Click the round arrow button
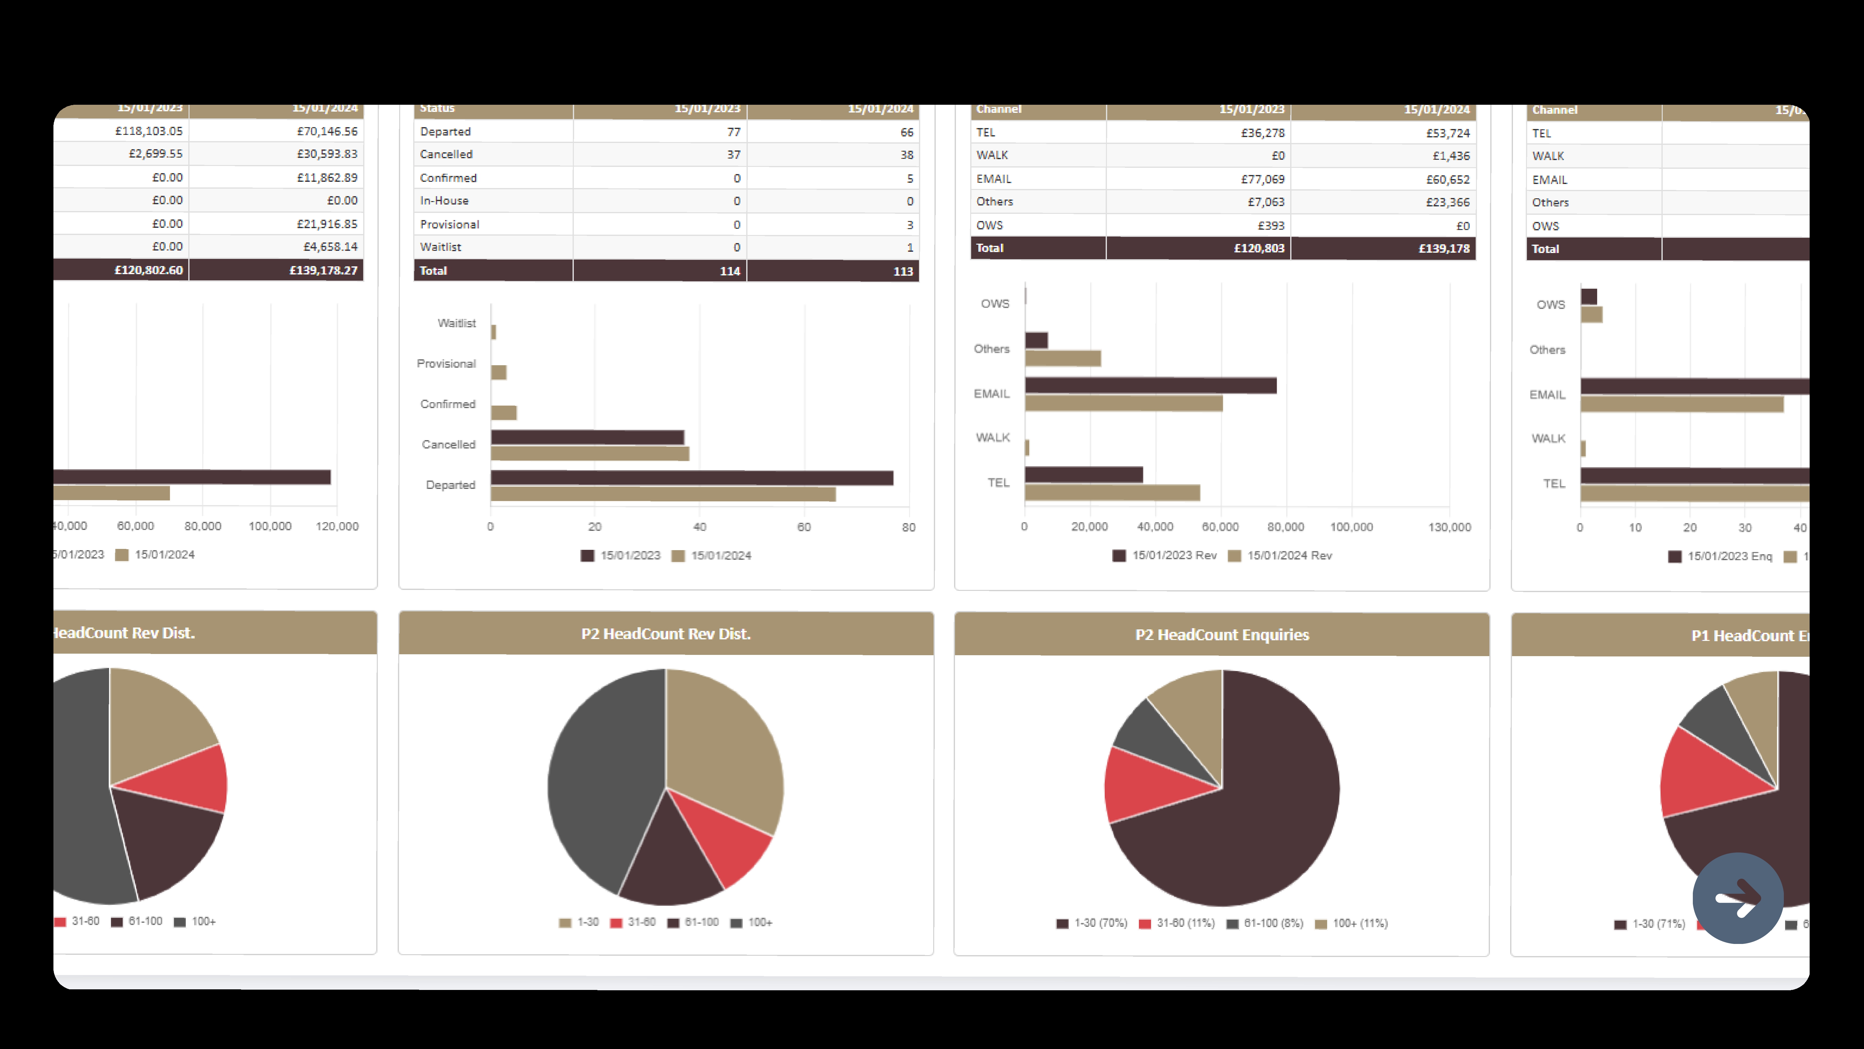coord(1737,898)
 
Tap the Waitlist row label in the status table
coord(441,247)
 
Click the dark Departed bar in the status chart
coord(691,478)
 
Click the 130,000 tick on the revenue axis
coord(1449,527)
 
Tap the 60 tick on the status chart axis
coord(804,527)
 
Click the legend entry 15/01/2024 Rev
coord(1281,555)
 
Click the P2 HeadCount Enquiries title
coord(1222,635)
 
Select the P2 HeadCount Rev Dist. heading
coord(666,634)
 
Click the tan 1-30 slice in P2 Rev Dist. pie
coord(724,746)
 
